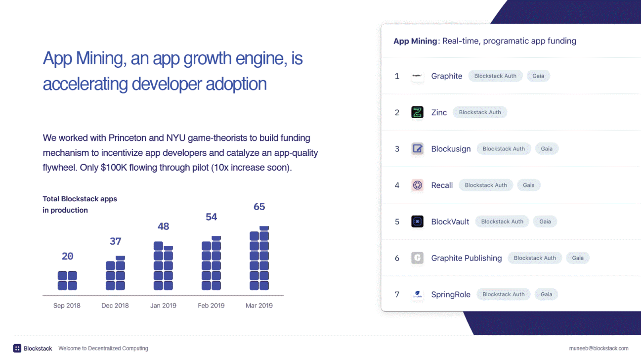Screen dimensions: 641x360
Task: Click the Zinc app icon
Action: (x=417, y=112)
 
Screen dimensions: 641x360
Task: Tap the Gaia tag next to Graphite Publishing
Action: (x=577, y=258)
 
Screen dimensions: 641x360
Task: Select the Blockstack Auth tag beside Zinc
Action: (x=480, y=112)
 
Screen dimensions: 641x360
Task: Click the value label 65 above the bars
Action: (x=259, y=207)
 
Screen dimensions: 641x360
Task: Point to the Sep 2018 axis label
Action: (x=67, y=306)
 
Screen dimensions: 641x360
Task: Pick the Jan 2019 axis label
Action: (x=164, y=306)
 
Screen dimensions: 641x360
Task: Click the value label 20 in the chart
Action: (x=68, y=256)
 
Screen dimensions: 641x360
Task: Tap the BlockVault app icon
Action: (x=417, y=222)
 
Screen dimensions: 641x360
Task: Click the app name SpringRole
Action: (x=451, y=294)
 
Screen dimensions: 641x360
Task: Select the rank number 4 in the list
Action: (x=397, y=185)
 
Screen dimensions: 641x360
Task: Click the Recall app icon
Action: (x=417, y=185)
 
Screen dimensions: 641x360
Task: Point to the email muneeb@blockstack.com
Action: (x=598, y=348)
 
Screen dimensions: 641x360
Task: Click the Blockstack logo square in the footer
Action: (x=17, y=348)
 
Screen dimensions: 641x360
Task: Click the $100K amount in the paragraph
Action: (x=114, y=167)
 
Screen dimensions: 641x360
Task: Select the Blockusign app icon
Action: (x=417, y=149)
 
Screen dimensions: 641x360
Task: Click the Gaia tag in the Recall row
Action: (x=528, y=185)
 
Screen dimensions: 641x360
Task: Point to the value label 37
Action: (x=116, y=241)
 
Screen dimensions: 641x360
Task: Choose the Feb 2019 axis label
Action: (x=211, y=306)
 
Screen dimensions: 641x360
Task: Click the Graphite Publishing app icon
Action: (x=417, y=258)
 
